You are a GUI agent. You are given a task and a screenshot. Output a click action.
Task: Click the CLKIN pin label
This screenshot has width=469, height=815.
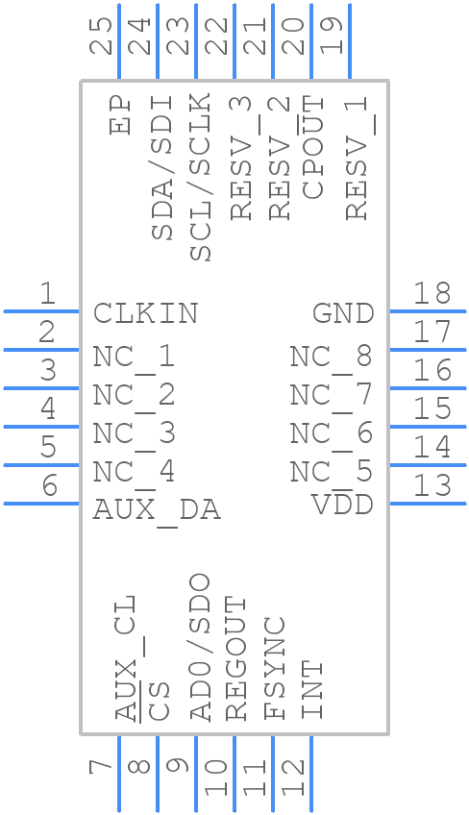tap(146, 313)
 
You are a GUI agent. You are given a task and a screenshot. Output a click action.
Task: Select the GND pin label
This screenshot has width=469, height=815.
tap(343, 313)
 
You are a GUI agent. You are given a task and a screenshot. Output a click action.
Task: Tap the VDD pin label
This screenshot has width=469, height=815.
tap(342, 504)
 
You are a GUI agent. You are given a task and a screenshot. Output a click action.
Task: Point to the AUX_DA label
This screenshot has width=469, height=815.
tap(157, 510)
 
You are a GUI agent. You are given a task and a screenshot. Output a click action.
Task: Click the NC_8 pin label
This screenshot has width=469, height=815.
tap(331, 358)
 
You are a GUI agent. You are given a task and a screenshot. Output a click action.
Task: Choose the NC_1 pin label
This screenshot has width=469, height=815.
tap(134, 358)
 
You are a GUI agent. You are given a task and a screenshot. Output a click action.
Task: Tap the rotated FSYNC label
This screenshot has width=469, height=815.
tap(276, 668)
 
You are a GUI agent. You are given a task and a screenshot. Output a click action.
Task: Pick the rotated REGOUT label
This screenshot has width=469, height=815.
tap(236, 658)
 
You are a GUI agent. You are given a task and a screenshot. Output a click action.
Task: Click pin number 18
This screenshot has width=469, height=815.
tap(432, 294)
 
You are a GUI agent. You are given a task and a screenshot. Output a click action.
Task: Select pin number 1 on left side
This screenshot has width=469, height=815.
tap(45, 294)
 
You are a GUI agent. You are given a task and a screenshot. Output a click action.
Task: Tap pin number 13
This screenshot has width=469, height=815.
tap(432, 485)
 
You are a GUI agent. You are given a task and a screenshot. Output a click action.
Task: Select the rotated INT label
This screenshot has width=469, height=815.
tap(313, 690)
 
